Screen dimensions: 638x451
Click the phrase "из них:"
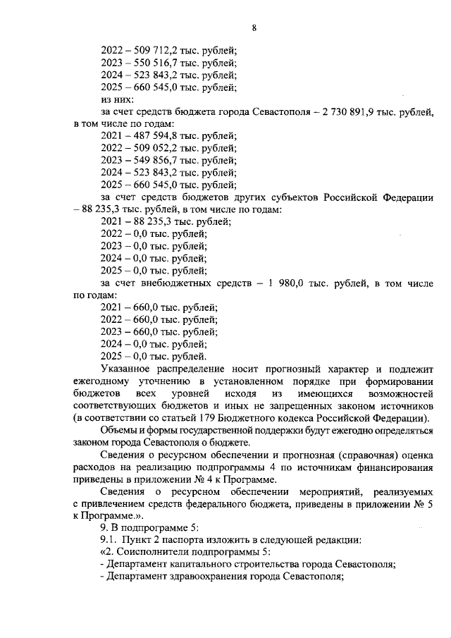coord(117,101)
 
